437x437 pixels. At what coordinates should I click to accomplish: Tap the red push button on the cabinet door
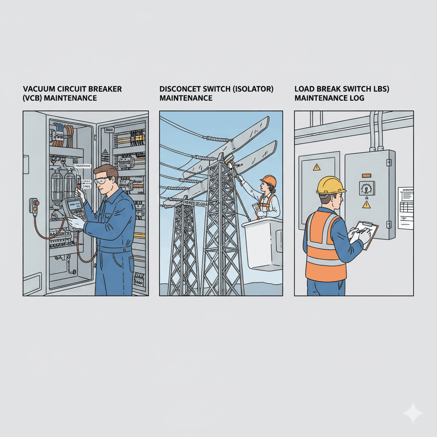click(36, 203)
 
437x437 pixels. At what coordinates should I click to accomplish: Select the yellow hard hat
click(331, 185)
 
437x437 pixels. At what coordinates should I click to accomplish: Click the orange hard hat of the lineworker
click(269, 181)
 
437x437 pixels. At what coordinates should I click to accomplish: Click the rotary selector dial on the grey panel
click(367, 188)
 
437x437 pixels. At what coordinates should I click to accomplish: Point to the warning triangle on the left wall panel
click(316, 167)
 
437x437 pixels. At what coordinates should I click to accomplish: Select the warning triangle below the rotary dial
click(367, 205)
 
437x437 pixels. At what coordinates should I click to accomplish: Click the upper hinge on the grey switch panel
click(389, 162)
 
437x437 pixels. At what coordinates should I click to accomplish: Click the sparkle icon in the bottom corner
click(413, 413)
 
